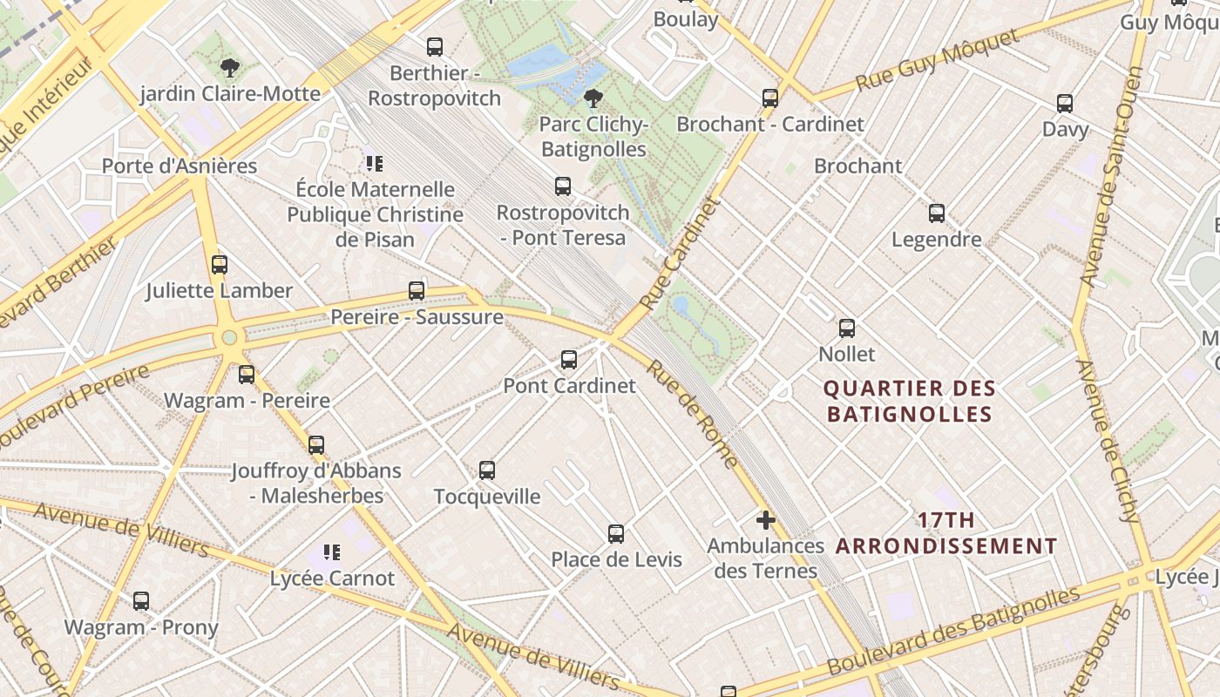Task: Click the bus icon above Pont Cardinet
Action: click(x=569, y=359)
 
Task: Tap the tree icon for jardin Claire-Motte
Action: click(x=230, y=67)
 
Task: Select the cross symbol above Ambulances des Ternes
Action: click(x=766, y=520)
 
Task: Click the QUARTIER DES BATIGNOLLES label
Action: click(x=910, y=401)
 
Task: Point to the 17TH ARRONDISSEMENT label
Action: click(x=946, y=533)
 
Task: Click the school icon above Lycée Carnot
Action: click(x=331, y=552)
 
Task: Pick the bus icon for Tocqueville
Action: click(x=487, y=470)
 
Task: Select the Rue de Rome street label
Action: click(x=693, y=413)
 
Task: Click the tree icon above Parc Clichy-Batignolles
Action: click(x=593, y=98)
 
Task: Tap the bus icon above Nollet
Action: click(x=847, y=328)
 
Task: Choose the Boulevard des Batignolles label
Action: click(x=953, y=630)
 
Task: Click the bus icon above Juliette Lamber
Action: click(x=220, y=264)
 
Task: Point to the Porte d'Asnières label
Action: click(x=180, y=166)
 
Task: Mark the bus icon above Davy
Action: click(x=1065, y=104)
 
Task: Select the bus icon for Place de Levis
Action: click(x=616, y=533)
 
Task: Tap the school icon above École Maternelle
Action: click(x=375, y=163)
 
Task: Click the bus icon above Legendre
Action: click(x=937, y=213)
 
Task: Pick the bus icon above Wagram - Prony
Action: click(x=141, y=600)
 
